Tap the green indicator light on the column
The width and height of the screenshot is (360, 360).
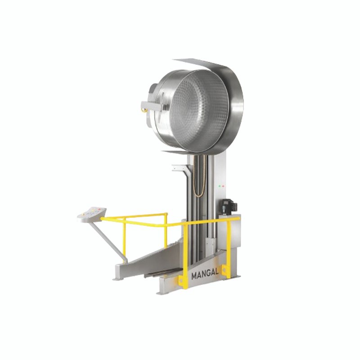pos(220,186)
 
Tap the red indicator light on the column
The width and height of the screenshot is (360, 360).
pos(222,186)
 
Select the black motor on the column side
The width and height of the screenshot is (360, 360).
pos(228,207)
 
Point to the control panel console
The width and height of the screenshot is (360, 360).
pos(92,215)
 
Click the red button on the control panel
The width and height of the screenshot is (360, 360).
pos(99,209)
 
